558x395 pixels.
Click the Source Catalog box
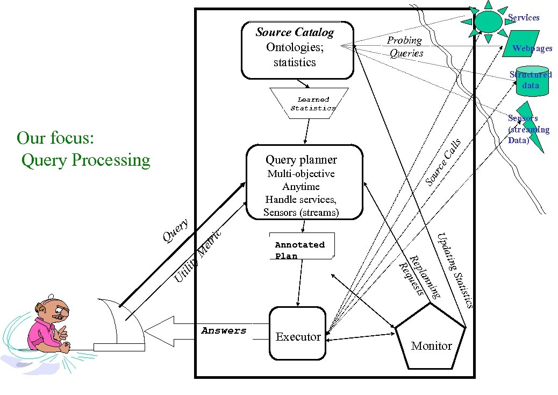(x=297, y=50)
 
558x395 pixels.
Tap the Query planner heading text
(x=301, y=160)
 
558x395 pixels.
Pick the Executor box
(x=297, y=334)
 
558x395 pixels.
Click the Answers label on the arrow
(x=224, y=331)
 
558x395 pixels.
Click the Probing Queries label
(x=405, y=47)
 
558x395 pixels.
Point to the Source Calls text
(x=443, y=162)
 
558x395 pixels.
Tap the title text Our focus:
(x=56, y=138)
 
